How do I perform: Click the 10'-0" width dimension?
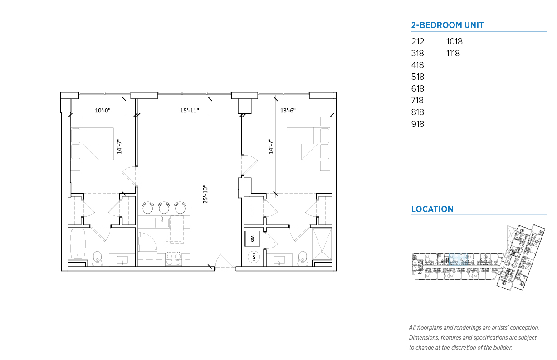point(103,110)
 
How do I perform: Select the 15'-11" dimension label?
point(190,110)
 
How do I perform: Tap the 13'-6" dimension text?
point(288,110)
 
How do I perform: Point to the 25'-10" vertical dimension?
point(205,194)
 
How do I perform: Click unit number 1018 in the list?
point(454,42)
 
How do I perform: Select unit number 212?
point(417,42)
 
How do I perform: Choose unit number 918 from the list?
point(417,124)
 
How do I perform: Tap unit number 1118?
point(453,53)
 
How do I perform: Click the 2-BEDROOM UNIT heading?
point(447,25)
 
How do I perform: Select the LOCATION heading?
point(432,209)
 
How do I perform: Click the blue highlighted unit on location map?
point(458,259)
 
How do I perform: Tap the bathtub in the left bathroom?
point(78,244)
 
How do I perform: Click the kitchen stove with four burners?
point(173,259)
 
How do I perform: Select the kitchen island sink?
point(162,223)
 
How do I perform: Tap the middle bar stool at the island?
point(164,208)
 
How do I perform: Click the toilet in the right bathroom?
point(303,258)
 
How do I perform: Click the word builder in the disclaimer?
point(502,348)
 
